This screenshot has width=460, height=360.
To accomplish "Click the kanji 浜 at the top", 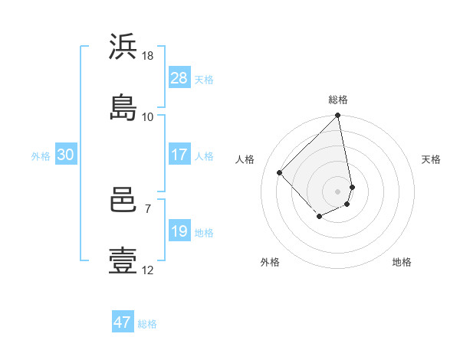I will coord(123,47).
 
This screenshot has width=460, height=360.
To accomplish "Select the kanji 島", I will coord(123,106).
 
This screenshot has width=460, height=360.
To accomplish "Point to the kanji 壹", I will coord(123,260).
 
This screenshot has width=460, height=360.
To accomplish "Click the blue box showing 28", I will coord(179,78).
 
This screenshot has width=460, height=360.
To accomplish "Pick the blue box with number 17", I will coord(179,155).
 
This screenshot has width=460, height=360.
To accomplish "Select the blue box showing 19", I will coord(179,231).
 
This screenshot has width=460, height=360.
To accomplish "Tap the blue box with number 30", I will coord(66,155).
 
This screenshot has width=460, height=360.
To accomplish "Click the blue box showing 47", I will coord(123,322).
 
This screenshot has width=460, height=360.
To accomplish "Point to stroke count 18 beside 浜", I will coord(148,56).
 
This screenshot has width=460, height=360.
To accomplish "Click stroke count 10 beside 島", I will coord(148,116).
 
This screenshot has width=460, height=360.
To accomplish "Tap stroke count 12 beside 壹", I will coord(148,270).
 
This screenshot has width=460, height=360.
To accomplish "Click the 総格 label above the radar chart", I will coord(338,100).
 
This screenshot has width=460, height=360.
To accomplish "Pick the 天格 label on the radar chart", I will coord(432,159).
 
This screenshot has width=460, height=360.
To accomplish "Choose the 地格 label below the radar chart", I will coord(402,262).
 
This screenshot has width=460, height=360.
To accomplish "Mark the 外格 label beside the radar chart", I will coord(270,262).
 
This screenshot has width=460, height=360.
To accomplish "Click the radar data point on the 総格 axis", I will coord(338,116).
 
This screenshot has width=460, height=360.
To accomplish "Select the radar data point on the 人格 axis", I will coord(280,172).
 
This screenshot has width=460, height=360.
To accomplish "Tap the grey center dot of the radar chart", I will coord(338,191).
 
